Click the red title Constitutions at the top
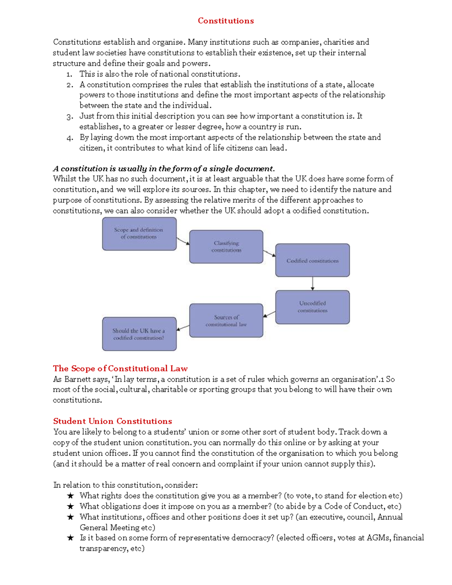(226, 21)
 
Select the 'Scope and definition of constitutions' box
(139, 234)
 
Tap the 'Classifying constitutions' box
(226, 247)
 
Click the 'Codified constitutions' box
(312, 260)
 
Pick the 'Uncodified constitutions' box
(312, 307)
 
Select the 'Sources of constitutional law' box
(226, 321)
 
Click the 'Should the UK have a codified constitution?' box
(139, 334)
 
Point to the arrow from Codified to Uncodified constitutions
(312, 283)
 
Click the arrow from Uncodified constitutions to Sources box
(269, 314)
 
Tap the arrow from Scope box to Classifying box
(183, 241)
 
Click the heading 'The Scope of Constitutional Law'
(120, 368)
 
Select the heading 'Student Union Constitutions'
(112, 421)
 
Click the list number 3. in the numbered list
(69, 116)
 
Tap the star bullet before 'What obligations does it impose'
(70, 507)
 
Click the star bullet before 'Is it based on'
(70, 538)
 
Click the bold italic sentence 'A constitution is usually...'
(163, 168)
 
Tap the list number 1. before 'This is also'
(69, 74)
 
